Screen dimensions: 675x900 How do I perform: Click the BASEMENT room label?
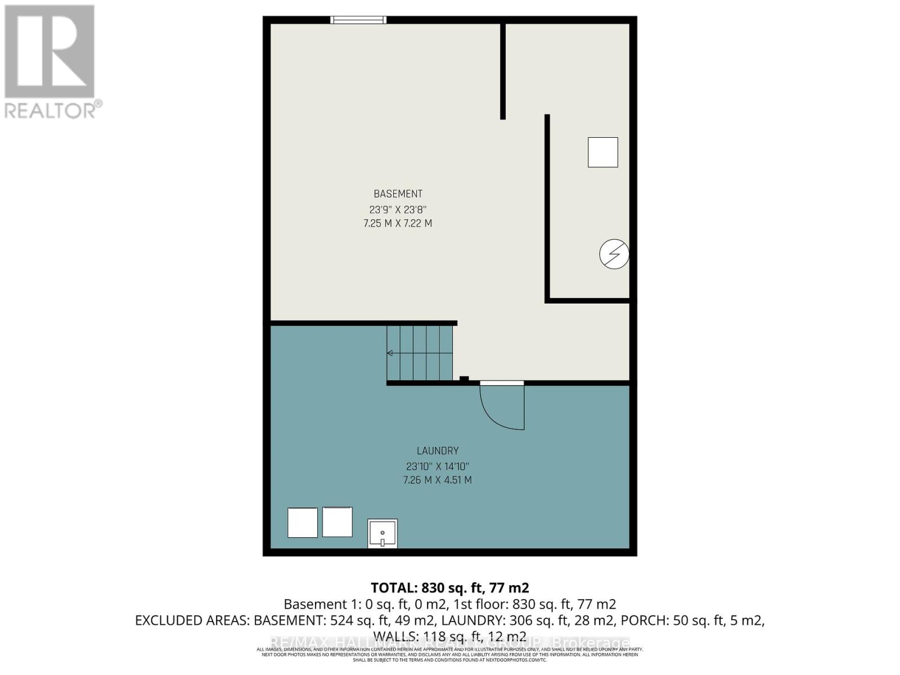(x=398, y=194)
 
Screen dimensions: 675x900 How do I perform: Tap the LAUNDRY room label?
(x=438, y=451)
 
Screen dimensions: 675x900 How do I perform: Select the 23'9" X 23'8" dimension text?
(x=398, y=209)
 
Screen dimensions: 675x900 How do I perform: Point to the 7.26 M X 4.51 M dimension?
(x=437, y=480)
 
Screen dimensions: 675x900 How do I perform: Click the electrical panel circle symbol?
(x=614, y=254)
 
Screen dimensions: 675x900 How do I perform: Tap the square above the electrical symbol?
(x=602, y=152)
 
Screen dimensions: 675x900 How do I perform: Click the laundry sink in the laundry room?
(x=382, y=533)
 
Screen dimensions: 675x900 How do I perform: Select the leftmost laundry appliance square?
(x=303, y=523)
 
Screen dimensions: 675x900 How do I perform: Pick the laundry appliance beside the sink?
(x=337, y=521)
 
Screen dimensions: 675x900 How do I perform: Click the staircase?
(x=420, y=353)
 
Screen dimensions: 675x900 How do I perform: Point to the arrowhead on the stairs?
(x=390, y=353)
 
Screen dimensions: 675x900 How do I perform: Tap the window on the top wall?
(x=358, y=20)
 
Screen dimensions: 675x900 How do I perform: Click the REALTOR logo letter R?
(x=49, y=52)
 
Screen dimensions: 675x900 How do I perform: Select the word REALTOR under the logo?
(x=51, y=110)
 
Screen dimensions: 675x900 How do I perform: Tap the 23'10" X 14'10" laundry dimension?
(x=437, y=466)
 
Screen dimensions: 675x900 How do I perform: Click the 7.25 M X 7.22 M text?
(x=398, y=223)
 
